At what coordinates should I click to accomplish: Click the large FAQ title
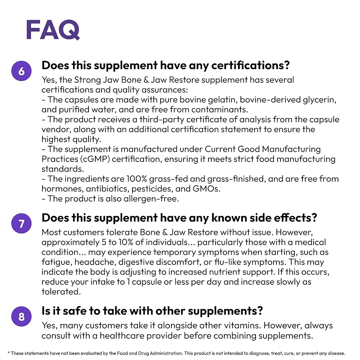click(x=53, y=30)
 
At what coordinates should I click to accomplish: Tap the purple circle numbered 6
click(x=22, y=71)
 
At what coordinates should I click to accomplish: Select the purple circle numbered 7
click(x=22, y=224)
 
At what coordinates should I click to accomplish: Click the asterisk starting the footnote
click(x=9, y=353)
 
